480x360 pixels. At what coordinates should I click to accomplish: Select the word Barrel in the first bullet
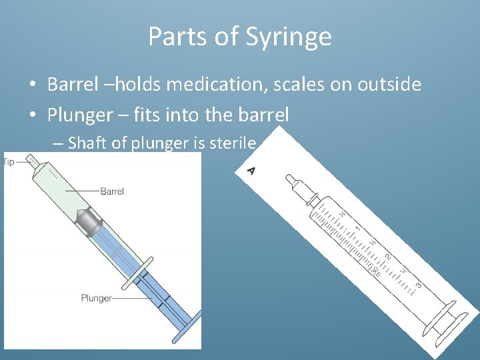coord(71,85)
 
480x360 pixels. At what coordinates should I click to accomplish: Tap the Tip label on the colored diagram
coord(9,162)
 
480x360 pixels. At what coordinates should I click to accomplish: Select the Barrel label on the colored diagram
coord(112,191)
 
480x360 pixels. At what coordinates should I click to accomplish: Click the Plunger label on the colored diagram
coord(97,298)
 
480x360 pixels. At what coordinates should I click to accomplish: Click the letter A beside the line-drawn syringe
coord(251,171)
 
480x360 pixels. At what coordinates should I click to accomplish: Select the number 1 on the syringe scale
coord(357,229)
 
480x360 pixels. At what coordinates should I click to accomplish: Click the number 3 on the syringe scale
coord(418,286)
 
